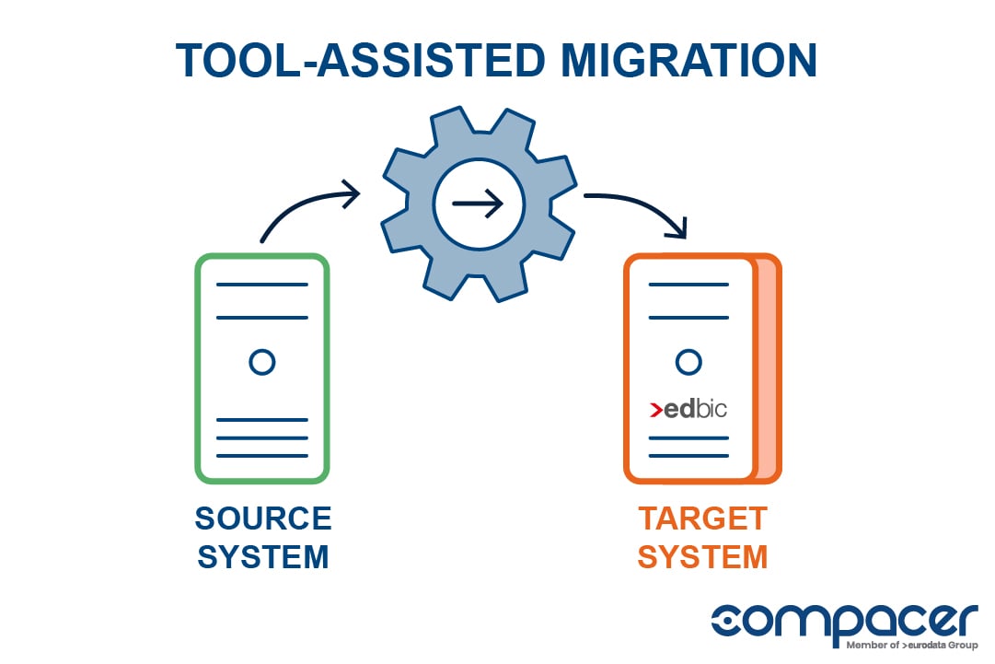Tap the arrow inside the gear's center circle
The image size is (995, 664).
pos(479,204)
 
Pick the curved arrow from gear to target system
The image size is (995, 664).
pos(643,208)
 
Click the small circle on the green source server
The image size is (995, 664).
pos(262,362)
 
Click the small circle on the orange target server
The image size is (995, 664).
pos(688,362)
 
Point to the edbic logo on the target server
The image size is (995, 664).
pos(688,409)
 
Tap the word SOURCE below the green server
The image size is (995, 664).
pos(263,518)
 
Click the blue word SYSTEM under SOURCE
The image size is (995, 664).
pos(263,557)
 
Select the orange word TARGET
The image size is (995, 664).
pos(702,518)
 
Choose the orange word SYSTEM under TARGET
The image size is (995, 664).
pos(702,557)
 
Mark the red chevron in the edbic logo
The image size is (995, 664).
pos(655,410)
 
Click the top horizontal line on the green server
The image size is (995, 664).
pos(262,285)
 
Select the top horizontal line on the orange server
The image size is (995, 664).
pos(688,285)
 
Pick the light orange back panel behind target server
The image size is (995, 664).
pos(766,368)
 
